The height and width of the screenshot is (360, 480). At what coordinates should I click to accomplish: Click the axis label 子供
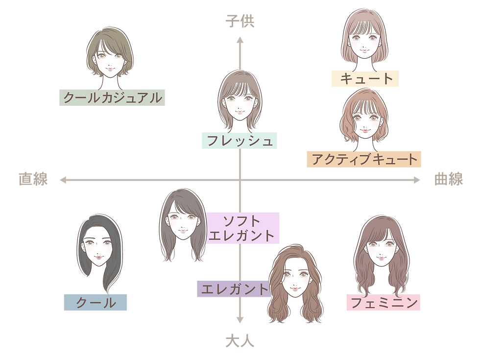coord(240,22)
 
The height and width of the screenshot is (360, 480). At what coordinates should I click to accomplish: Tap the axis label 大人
coord(240,341)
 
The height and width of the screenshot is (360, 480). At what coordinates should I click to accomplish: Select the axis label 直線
coord(33,179)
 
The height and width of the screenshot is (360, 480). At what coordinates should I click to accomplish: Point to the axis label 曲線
coord(449,179)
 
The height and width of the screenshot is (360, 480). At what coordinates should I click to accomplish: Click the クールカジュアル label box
coord(112,97)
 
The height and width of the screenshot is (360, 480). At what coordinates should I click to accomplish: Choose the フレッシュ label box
coord(240,141)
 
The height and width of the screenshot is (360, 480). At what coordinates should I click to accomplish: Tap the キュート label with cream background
coord(365,78)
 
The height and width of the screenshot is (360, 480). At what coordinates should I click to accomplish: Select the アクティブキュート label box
coord(364,159)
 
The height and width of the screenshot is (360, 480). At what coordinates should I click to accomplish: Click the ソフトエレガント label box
coord(242,228)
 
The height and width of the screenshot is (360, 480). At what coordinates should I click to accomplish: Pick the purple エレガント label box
coord(234,288)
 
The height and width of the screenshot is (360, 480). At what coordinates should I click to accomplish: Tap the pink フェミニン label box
coord(383,303)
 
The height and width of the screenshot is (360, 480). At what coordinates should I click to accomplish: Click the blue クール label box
coord(96,303)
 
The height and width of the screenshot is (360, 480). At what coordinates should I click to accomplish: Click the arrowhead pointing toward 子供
coord(240,40)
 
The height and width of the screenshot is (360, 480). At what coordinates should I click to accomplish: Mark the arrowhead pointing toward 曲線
coord(417,180)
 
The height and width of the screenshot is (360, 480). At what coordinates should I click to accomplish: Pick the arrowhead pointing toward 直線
coord(63,180)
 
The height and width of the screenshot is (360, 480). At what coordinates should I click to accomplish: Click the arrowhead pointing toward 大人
coord(240,320)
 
